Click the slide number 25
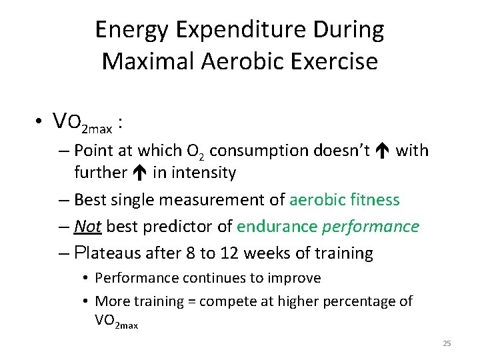[x=447, y=343]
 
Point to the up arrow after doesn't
[x=383, y=151]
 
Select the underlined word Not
[x=87, y=227]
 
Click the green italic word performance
[x=371, y=227]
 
